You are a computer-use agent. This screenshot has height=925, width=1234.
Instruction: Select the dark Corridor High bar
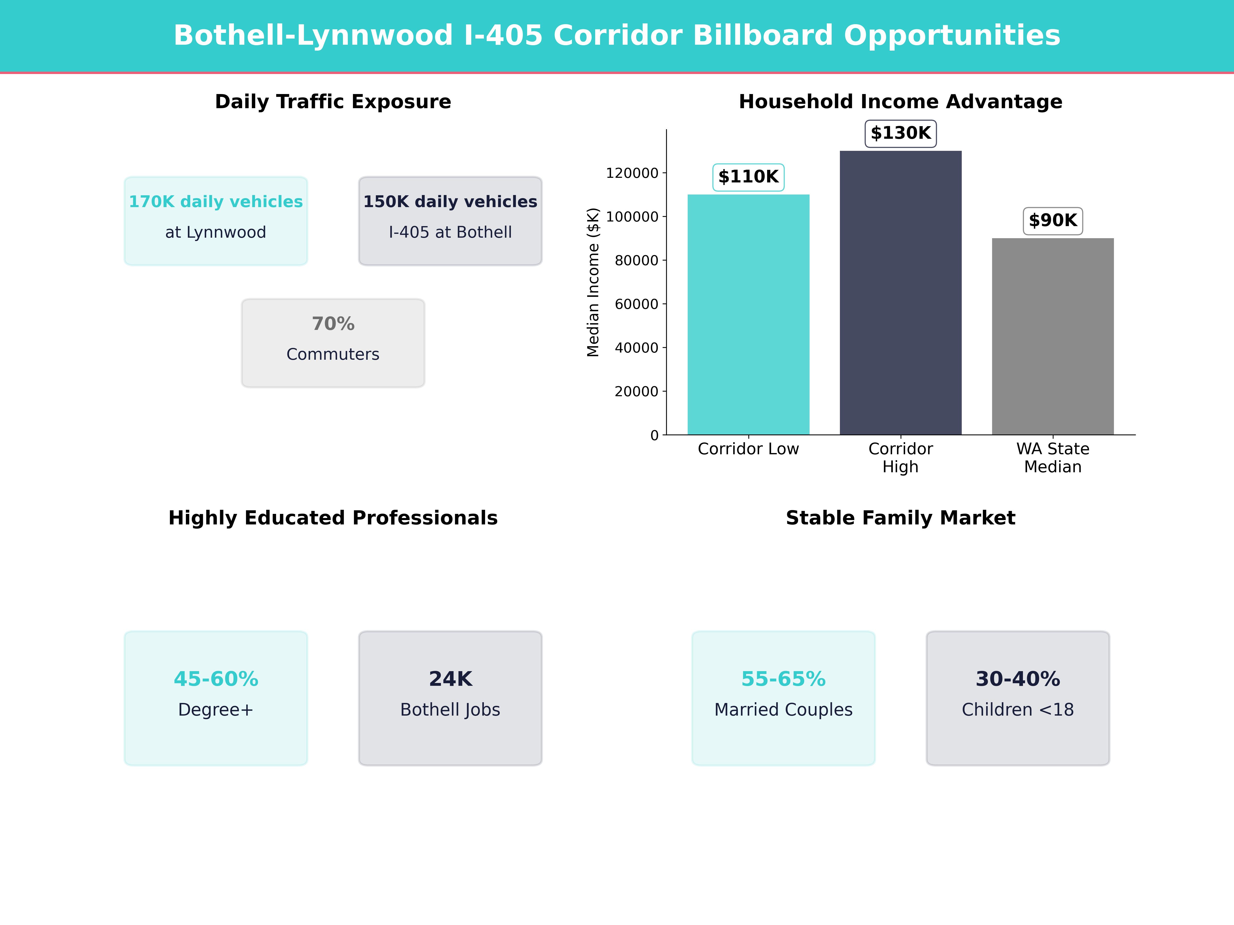[x=900, y=293]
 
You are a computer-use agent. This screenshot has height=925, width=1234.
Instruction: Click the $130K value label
[x=900, y=133]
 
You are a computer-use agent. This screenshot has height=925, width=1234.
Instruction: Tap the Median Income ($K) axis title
[x=593, y=282]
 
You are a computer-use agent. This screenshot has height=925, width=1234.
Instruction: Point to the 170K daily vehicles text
[x=216, y=202]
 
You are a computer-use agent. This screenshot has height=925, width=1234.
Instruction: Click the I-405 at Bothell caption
[x=450, y=233]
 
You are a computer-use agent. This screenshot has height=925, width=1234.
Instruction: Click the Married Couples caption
[x=783, y=710]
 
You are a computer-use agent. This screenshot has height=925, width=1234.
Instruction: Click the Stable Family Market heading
[x=900, y=518]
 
